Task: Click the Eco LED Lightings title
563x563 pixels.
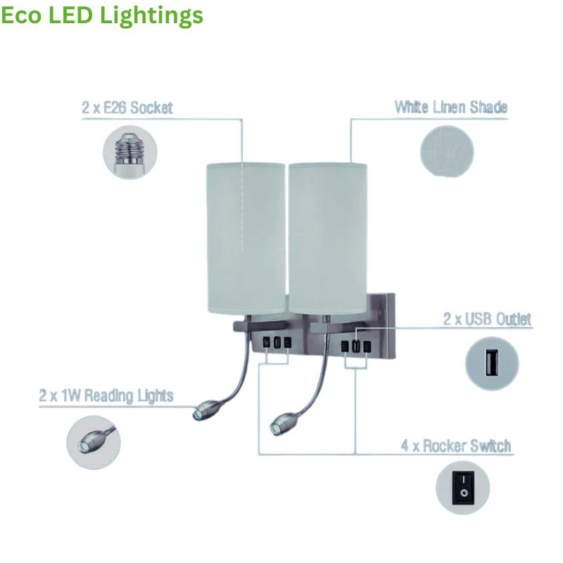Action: [102, 15]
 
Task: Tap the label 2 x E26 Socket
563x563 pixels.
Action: [127, 108]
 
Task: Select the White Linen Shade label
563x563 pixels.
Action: [450, 108]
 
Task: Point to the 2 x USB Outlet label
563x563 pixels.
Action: [487, 319]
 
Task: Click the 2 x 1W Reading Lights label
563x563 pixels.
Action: [106, 396]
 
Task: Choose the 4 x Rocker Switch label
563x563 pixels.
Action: [456, 446]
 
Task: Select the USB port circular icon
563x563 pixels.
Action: [492, 365]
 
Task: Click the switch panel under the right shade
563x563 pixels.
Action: [355, 347]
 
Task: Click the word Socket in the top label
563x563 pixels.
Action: [151, 108]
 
